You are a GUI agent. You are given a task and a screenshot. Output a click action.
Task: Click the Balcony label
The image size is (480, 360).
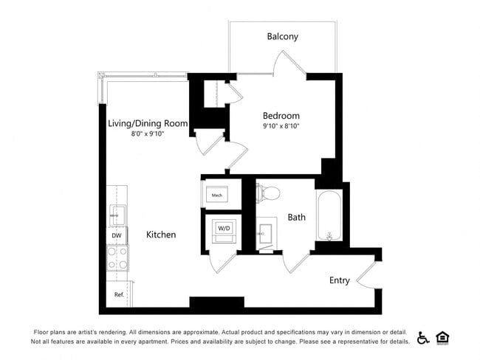pyautogui.click(x=284, y=36)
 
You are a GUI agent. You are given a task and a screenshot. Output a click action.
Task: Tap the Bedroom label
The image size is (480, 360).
pyautogui.click(x=281, y=116)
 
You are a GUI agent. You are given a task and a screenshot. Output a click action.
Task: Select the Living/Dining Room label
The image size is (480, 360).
pyautogui.click(x=148, y=123)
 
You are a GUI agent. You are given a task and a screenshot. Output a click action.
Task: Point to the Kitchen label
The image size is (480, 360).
pyautogui.click(x=160, y=235)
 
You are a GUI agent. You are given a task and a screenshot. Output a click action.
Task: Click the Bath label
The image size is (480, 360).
pyautogui.click(x=297, y=217)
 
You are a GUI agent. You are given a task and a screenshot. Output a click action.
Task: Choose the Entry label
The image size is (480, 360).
pyautogui.click(x=340, y=280)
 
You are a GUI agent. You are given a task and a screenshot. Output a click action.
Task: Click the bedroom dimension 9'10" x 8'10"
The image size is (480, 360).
pyautogui.click(x=281, y=127)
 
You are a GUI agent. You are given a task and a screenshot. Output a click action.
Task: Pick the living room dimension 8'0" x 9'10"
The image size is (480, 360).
pyautogui.click(x=148, y=134)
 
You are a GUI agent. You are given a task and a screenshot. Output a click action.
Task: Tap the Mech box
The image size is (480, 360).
pyautogui.click(x=217, y=195)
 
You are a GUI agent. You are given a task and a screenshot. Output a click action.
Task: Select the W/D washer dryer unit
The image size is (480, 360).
pyautogui.click(x=222, y=229)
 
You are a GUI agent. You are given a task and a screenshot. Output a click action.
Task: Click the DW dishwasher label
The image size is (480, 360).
pyautogui.click(x=116, y=235)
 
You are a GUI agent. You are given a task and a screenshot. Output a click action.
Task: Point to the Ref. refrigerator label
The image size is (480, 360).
pyautogui.click(x=118, y=294)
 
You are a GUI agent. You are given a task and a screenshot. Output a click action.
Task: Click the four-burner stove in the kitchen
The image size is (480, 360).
pyautogui.click(x=117, y=259)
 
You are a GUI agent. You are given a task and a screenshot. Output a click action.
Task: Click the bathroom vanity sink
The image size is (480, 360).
pyautogui.click(x=267, y=233)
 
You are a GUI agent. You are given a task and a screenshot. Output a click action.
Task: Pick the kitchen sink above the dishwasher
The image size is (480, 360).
pyautogui.click(x=117, y=215)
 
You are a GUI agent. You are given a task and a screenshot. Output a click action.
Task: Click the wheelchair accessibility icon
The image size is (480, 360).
pyautogui.click(x=424, y=338)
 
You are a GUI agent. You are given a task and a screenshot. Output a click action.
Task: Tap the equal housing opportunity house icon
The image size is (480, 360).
pyautogui.click(x=443, y=338)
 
